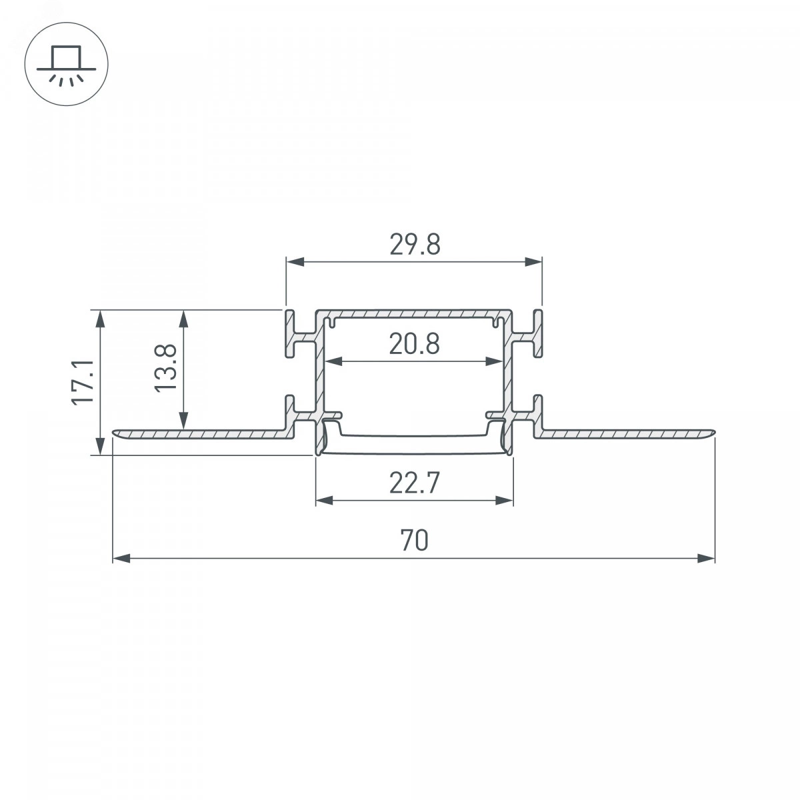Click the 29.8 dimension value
pyautogui.click(x=415, y=245)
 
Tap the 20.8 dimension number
pyautogui.click(x=415, y=344)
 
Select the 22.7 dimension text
pyautogui.click(x=414, y=483)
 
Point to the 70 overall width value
pyautogui.click(x=414, y=540)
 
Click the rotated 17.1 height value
pyautogui.click(x=83, y=383)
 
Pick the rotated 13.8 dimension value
pyautogui.click(x=166, y=368)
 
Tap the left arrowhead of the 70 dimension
pyautogui.click(x=121, y=559)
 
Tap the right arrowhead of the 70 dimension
pyautogui.click(x=706, y=559)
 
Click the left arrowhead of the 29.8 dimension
pyautogui.click(x=295, y=262)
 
